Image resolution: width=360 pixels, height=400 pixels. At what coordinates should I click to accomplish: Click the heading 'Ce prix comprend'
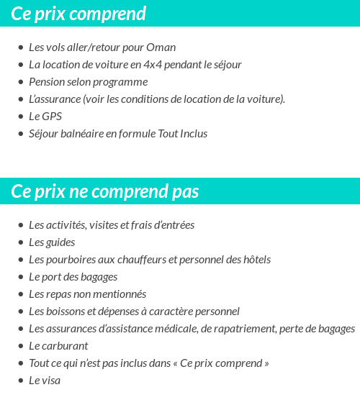(78, 14)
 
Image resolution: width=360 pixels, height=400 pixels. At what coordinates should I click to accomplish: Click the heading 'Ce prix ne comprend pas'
(105, 192)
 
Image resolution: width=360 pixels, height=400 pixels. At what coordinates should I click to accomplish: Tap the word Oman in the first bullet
(162, 47)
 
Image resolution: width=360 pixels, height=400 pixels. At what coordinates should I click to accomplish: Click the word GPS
(53, 117)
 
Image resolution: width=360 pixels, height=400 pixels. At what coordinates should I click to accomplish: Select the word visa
(50, 381)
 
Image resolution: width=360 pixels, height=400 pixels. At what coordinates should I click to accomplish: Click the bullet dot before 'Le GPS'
(20, 117)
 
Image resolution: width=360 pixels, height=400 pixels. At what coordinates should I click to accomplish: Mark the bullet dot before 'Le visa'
(20, 381)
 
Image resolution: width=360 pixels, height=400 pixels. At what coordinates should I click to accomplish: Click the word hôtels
(256, 260)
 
